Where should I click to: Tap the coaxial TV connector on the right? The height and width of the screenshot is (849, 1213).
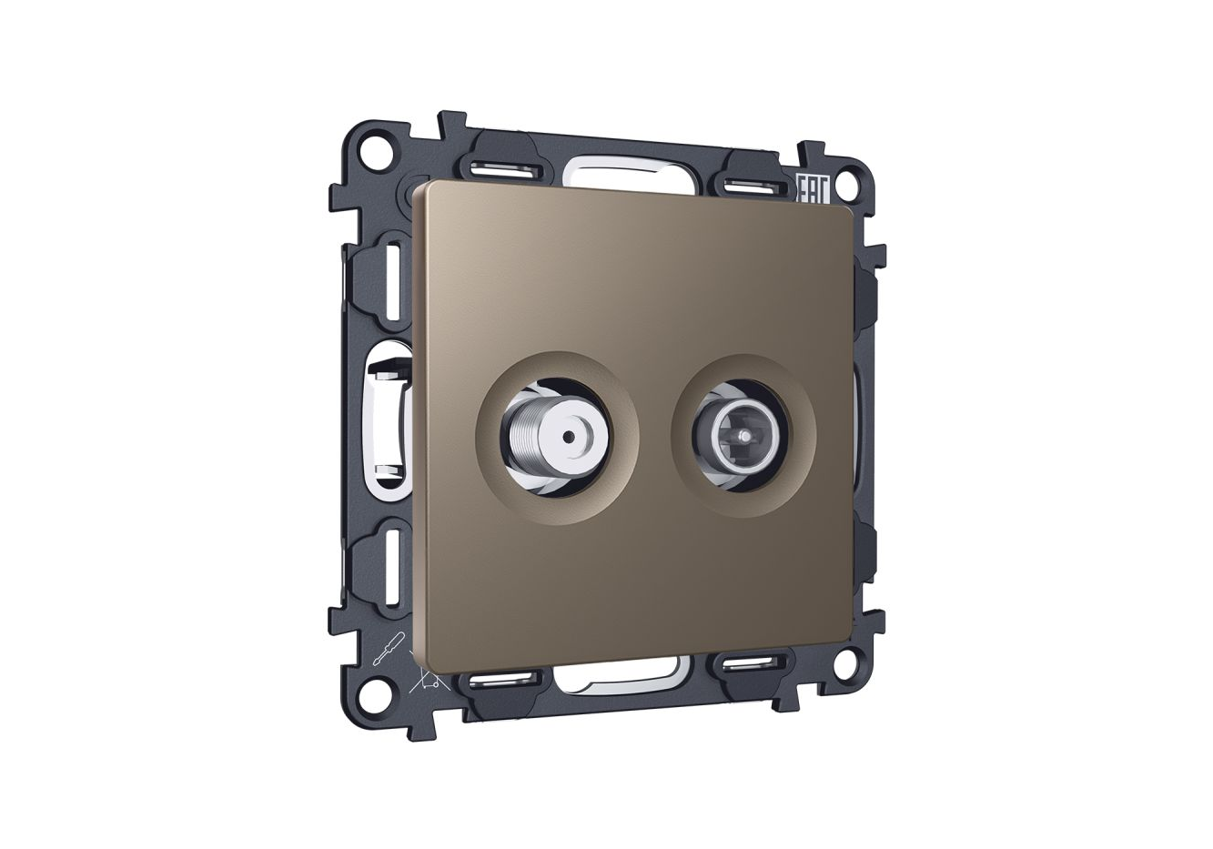[740, 437]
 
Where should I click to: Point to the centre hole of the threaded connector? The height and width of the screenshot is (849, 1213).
[568, 435]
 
